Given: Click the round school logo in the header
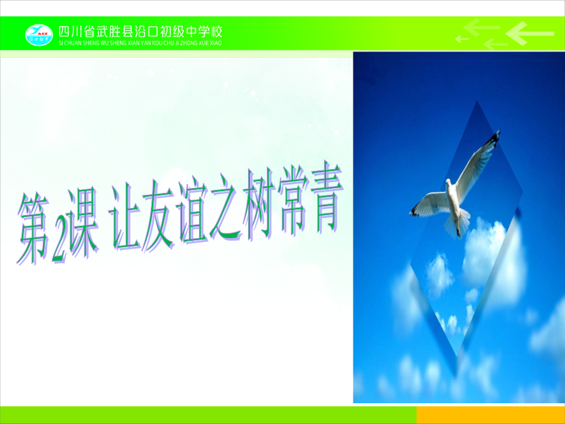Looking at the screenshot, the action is click(x=39, y=35).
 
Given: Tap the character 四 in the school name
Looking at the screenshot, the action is click(x=64, y=32).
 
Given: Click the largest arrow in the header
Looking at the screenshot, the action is click(x=529, y=33).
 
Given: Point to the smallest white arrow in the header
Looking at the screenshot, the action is click(x=462, y=38).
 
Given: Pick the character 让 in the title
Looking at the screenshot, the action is click(x=124, y=216).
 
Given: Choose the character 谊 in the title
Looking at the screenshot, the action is click(x=193, y=212).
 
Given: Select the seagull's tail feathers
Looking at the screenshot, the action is click(x=458, y=224).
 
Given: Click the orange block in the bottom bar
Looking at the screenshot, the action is click(x=491, y=415).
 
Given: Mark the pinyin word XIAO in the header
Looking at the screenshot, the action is click(x=215, y=43).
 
